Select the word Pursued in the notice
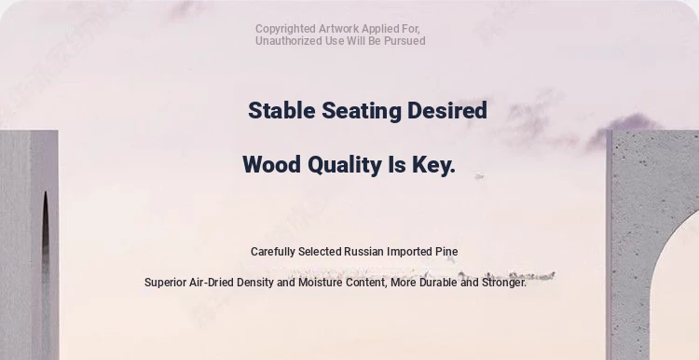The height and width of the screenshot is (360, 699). click(404, 41)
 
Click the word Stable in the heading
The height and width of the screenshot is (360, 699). click(281, 110)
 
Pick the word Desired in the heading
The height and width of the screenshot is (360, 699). click(447, 110)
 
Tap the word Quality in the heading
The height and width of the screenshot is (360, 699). click(345, 165)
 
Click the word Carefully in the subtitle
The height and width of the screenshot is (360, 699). click(273, 252)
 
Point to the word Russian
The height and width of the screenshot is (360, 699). click(363, 252)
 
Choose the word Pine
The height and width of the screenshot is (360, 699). click(446, 252)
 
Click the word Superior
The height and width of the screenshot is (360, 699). click(165, 283)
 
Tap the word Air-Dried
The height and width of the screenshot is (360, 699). click(212, 283)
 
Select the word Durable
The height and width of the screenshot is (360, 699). click(438, 283)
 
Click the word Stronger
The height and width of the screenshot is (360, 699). click(504, 283)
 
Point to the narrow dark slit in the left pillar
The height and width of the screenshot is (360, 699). click(46, 241)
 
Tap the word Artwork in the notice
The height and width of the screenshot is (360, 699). click(338, 29)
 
